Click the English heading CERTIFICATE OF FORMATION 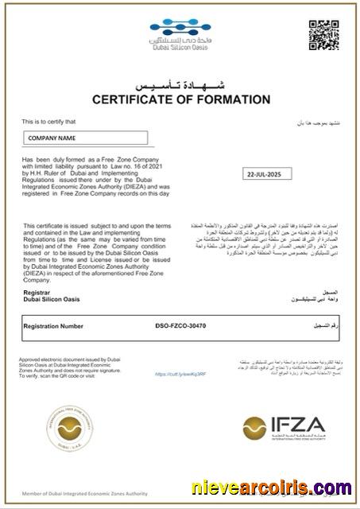pyautogui.click(x=181, y=99)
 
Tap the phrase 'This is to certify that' pyautogui.click(x=49, y=122)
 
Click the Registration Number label pyautogui.click(x=53, y=326)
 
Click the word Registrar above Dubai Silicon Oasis pyautogui.click(x=37, y=293)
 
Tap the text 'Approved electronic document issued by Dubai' pyautogui.click(x=68, y=359)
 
